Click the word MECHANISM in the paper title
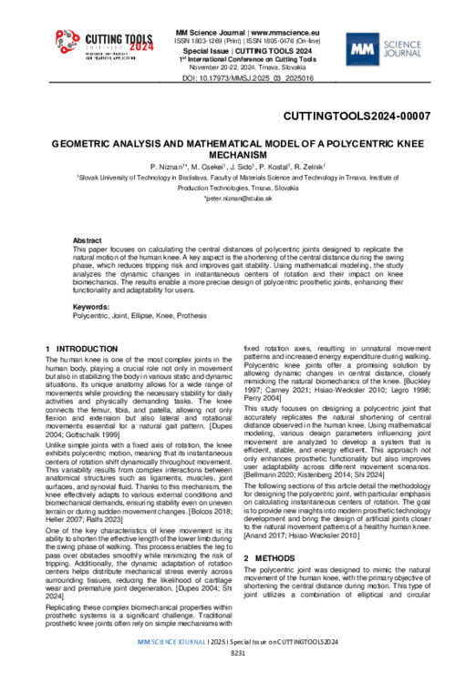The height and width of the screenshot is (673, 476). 238,155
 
